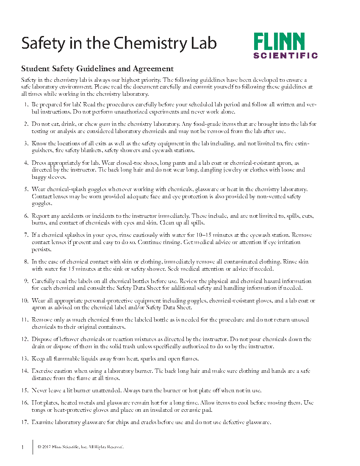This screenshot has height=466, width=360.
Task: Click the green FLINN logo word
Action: click(279, 42)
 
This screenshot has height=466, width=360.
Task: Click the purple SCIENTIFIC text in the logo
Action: click(285, 55)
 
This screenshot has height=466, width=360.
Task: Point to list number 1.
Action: click(26, 104)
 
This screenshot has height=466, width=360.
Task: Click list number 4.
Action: click(26, 162)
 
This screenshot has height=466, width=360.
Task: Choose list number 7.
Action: click(26, 234)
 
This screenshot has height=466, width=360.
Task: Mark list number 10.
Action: click(25, 300)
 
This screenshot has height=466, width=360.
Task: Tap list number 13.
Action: click(25, 359)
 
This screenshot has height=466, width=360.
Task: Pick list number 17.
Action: click(25, 422)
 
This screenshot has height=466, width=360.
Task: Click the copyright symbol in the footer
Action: click(39, 447)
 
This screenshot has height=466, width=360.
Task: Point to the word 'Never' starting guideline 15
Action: click(40, 390)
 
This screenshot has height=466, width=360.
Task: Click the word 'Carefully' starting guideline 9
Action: click(44, 281)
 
